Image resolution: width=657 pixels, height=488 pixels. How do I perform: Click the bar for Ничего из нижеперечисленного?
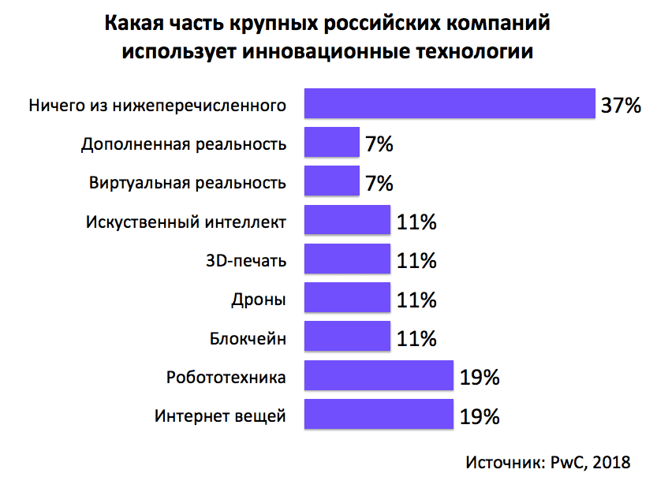449,104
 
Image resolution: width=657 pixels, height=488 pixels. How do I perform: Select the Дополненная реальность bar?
331,143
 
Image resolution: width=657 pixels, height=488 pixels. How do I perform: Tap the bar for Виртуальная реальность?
331,182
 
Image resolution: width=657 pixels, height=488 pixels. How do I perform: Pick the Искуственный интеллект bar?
347,222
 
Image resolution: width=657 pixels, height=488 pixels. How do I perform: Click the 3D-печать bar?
347,260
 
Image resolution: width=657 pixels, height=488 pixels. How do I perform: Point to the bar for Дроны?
347,300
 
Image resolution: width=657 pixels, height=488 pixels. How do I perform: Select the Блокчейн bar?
347,338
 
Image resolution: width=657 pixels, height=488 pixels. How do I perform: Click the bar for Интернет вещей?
379,415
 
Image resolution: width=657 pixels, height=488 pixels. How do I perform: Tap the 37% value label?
622,105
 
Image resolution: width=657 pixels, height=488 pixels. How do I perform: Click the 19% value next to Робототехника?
480,378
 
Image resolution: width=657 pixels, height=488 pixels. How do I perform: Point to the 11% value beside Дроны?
416,300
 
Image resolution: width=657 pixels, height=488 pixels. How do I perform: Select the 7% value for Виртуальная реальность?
379,183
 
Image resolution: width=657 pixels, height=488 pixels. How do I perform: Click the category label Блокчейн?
248,339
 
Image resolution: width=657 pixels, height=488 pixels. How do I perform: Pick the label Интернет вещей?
220,416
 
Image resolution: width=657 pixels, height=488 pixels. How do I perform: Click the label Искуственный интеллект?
185,222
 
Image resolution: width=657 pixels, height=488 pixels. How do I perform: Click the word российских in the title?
370,24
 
